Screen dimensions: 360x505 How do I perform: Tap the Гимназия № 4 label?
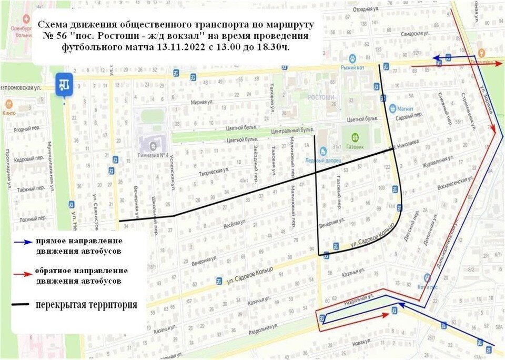153,155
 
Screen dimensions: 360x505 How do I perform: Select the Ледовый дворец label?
322,159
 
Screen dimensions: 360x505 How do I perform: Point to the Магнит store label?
407,109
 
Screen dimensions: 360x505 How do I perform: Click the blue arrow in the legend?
23,243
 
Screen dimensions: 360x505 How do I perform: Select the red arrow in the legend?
23,274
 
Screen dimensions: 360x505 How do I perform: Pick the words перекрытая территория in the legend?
87,305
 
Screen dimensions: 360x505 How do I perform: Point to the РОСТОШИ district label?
322,98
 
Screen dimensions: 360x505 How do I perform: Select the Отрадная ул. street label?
366,9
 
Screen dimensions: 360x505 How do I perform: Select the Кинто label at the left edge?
9,112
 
